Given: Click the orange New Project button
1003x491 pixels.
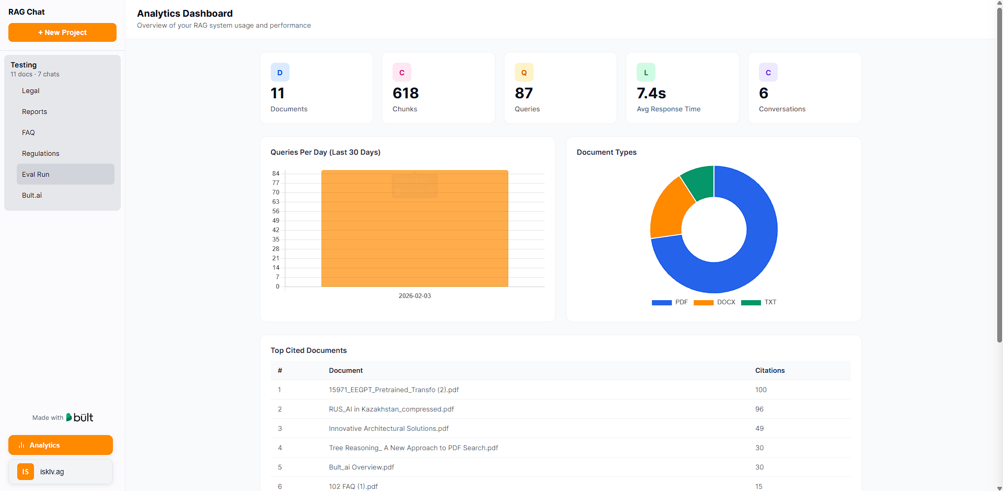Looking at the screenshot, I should tap(62, 32).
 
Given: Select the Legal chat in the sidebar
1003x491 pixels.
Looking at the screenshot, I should tap(31, 91).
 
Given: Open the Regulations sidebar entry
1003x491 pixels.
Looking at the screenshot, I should tap(41, 154).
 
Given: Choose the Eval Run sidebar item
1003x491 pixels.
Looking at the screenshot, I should tap(36, 175).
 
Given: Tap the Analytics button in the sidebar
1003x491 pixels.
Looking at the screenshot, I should tap(61, 445).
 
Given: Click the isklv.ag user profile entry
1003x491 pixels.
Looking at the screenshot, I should tap(61, 472).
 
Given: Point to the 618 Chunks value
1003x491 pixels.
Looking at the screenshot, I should tap(406, 93).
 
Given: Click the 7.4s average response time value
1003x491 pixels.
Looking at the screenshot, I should tap(651, 93).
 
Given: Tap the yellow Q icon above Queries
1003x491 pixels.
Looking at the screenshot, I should tap(524, 73).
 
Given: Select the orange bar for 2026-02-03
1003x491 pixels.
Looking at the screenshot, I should tap(414, 235).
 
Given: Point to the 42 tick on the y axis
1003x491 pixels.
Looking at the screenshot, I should tap(275, 230).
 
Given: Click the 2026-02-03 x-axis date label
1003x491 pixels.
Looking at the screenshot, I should tap(414, 296).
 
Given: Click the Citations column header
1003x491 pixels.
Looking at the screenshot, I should tap(769, 371).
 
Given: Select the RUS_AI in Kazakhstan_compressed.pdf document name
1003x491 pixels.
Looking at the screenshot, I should tap(391, 409).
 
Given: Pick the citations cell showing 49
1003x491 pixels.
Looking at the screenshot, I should tap(759, 429).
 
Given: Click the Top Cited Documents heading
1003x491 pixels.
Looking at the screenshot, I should tap(308, 350).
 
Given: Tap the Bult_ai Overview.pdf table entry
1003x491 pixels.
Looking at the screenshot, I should tap(361, 467).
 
